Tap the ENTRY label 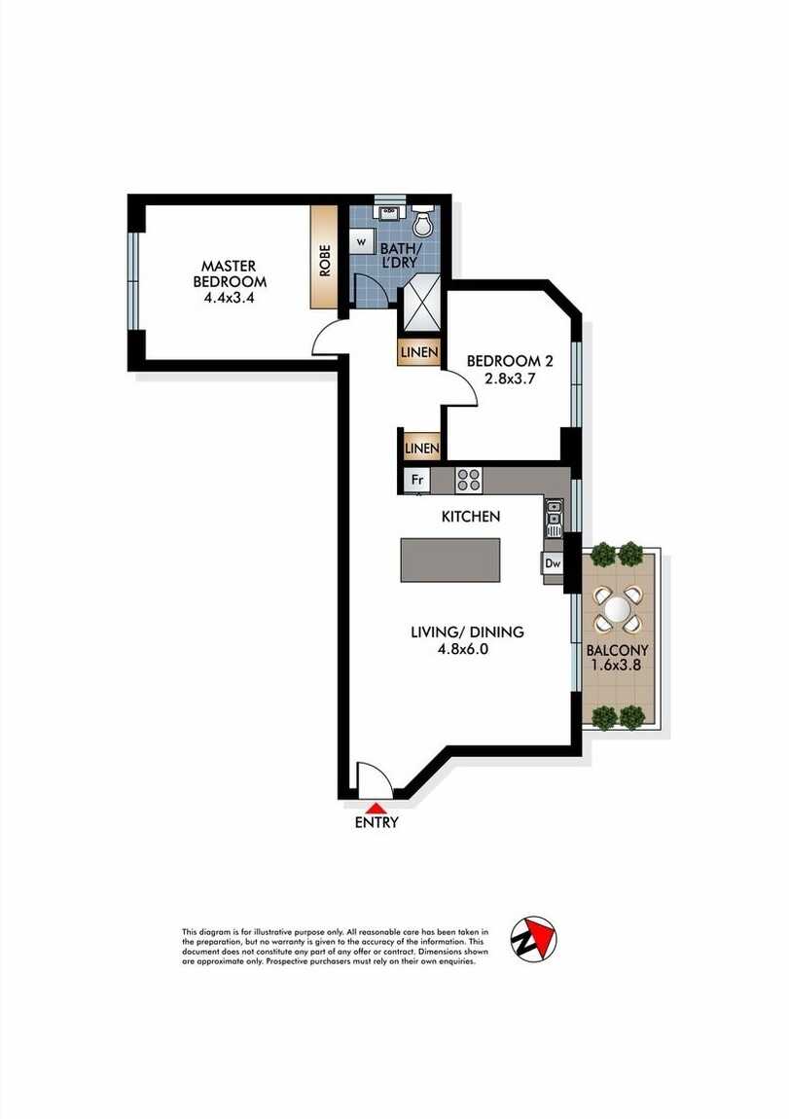click(x=377, y=822)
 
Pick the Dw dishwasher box click(x=552, y=562)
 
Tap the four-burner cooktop click(x=469, y=479)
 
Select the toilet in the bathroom click(x=423, y=223)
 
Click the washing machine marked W click(x=361, y=240)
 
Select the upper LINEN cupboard click(x=418, y=352)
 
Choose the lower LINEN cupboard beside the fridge click(x=420, y=448)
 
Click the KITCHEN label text click(x=471, y=517)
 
